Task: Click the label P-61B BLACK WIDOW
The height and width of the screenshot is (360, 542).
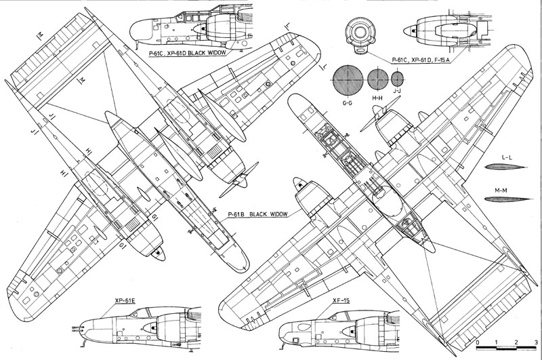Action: pyautogui.click(x=257, y=214)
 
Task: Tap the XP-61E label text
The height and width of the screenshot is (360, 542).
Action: pyautogui.click(x=125, y=301)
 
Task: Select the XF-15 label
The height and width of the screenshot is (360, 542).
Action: pyautogui.click(x=341, y=300)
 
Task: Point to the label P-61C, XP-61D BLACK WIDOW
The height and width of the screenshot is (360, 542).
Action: pyautogui.click(x=188, y=53)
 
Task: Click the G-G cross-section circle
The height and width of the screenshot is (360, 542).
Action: pyautogui.click(x=348, y=79)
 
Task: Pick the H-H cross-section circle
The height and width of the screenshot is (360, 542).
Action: pyautogui.click(x=378, y=79)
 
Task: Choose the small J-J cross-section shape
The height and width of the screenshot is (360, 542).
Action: pyautogui.click(x=398, y=79)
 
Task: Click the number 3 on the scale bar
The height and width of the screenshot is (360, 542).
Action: pyautogui.click(x=536, y=342)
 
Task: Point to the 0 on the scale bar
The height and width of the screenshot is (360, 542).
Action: pyautogui.click(x=478, y=342)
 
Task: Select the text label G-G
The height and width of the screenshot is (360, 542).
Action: pyautogui.click(x=347, y=102)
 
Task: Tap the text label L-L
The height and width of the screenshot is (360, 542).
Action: pyautogui.click(x=506, y=158)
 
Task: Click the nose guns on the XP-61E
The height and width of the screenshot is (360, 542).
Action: pyautogui.click(x=77, y=329)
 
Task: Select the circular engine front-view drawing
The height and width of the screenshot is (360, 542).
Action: pyautogui.click(x=360, y=33)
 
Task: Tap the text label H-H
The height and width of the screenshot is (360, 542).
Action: pyautogui.click(x=377, y=98)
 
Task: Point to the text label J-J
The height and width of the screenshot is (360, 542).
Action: pyautogui.click(x=397, y=91)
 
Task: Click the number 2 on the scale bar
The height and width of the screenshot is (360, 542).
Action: pyautogui.click(x=516, y=342)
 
